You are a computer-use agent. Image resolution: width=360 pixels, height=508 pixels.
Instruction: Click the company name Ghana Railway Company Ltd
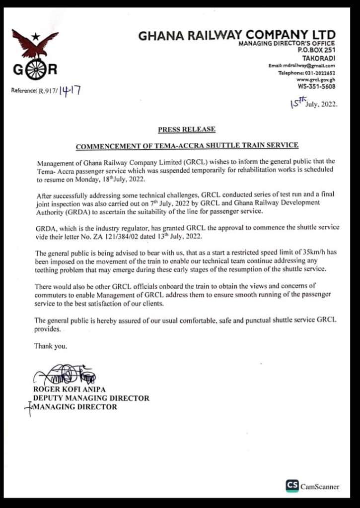pos(236,36)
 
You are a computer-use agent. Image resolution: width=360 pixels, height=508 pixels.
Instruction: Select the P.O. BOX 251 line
pos(316,50)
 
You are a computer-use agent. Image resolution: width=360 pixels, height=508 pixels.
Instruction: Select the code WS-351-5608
pos(316,86)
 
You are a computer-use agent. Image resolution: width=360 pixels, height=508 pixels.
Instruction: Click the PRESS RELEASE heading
pos(187,129)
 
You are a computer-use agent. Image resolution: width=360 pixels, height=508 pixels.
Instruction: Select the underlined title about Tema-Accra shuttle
pos(187,146)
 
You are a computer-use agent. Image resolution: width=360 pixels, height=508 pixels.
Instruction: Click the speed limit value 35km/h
pos(309,252)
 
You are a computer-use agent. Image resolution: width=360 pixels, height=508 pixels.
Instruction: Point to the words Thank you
pos(50,346)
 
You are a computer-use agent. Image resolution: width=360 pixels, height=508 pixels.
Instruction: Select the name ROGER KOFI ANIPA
pos(70,389)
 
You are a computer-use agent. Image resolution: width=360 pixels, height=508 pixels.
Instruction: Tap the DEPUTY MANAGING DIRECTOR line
pos(91,398)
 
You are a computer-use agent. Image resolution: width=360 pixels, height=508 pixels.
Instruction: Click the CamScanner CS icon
pos(292,486)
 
